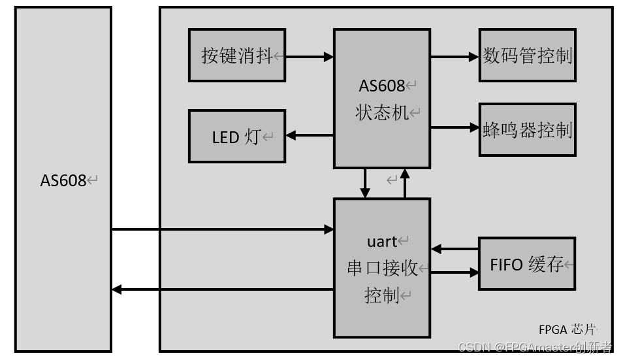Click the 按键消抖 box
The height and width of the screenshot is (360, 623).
point(236,55)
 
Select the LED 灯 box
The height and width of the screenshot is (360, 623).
point(236,136)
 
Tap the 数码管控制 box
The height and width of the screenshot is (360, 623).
point(527,55)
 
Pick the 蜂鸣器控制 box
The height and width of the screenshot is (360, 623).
point(527,129)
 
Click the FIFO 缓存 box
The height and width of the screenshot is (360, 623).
point(527,264)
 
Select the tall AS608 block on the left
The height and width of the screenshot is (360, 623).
point(63,180)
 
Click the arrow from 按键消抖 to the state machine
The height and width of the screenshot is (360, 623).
point(310,57)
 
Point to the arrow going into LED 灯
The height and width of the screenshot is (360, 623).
point(310,135)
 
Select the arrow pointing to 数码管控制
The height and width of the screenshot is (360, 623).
point(455,57)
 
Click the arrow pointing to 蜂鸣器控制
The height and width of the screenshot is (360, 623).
point(455,127)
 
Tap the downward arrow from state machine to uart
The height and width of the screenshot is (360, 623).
point(366,183)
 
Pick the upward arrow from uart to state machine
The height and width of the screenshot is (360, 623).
point(405,183)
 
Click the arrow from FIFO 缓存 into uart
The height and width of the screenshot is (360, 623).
point(455,249)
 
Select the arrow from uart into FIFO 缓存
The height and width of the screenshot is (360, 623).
point(455,272)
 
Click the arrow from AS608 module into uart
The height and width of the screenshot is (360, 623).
point(222,229)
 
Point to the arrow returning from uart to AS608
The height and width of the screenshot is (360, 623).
point(222,289)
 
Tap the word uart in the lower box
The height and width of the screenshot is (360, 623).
point(383,242)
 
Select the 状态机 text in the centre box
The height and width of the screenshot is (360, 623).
point(382,112)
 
